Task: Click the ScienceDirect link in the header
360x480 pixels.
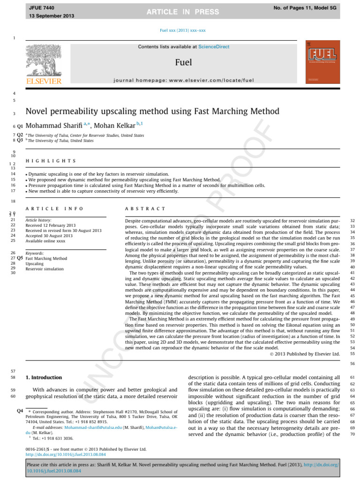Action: coord(214,47)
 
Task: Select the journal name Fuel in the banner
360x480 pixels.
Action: coord(183,62)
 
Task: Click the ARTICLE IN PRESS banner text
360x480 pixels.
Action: coord(180,11)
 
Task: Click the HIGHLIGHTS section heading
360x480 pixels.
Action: coord(51,161)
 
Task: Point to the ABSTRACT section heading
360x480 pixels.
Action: coord(145,209)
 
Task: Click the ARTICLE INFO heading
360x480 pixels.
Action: coord(54,209)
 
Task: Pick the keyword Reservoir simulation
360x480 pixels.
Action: coord(45,269)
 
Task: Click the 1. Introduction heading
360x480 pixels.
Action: coord(44,377)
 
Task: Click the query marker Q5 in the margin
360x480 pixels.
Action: coord(20,258)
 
